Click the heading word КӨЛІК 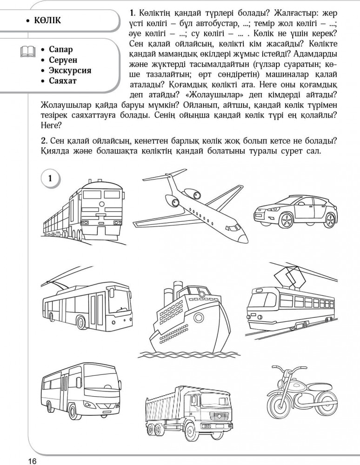(x=47, y=21)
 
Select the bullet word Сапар (x=60, y=49)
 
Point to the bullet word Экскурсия (x=70, y=71)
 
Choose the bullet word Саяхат (x=63, y=81)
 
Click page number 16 (x=32, y=460)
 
